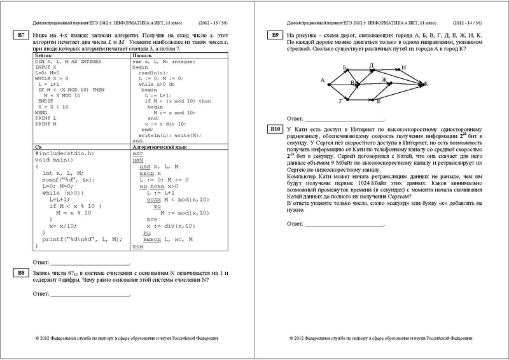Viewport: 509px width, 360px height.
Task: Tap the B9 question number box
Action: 275,34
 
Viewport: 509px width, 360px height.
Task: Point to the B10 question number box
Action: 275,129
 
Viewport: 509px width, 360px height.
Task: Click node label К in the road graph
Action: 426,83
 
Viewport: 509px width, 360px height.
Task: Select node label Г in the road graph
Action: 342,101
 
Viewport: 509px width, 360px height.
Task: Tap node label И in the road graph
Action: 403,68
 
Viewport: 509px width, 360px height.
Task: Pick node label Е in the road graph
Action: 379,101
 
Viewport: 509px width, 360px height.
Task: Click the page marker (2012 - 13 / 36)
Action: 218,21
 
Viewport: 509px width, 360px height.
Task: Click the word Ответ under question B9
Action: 295,118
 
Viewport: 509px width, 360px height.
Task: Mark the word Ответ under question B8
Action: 41,294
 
